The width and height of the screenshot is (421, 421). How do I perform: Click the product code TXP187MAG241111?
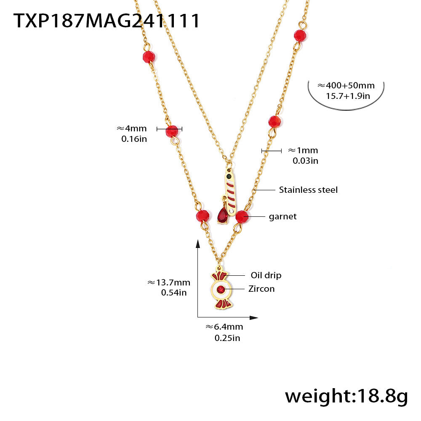(x=107, y=21)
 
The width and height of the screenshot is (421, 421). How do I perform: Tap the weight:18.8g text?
(x=346, y=396)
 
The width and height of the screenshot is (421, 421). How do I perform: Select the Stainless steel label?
(x=308, y=190)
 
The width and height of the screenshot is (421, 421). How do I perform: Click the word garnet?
(x=282, y=216)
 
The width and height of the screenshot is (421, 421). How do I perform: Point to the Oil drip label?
(x=266, y=275)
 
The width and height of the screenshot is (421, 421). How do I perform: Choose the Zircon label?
(x=261, y=289)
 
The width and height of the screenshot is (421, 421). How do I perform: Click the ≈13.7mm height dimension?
(x=168, y=282)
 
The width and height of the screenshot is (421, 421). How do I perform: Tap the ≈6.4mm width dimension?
(x=224, y=327)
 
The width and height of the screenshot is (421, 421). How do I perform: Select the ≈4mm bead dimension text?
(x=131, y=128)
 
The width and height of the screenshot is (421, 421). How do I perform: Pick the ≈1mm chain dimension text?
(x=303, y=150)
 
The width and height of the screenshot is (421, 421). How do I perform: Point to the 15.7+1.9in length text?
(x=348, y=96)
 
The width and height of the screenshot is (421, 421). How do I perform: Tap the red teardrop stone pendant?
(x=222, y=216)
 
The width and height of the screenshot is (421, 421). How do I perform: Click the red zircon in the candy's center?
(x=221, y=290)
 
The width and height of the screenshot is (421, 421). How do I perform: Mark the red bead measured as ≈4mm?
(x=172, y=131)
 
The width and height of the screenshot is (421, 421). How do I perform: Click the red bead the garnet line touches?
(x=241, y=217)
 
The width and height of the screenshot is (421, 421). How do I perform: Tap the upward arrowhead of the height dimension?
(x=198, y=243)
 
